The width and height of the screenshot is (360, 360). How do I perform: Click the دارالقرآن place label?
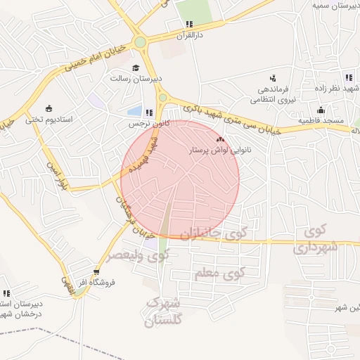190,34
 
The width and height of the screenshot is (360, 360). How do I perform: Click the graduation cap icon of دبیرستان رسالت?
136,67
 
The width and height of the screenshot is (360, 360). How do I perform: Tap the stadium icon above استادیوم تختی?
49,108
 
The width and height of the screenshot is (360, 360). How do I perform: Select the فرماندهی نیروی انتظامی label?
271,95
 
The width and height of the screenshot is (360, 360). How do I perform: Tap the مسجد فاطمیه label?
321,121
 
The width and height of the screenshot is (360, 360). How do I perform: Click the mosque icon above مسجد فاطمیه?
321,110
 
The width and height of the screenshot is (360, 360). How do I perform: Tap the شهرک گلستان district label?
162,311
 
